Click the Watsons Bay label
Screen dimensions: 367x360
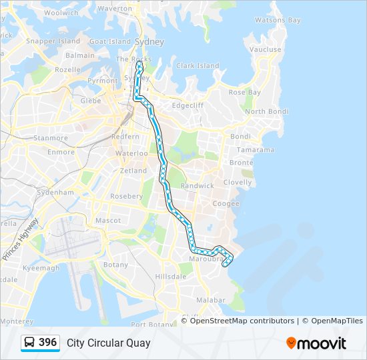point(277,21)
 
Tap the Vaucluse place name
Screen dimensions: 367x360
point(265,49)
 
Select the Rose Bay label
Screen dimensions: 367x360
point(245,93)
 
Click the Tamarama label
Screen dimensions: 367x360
point(255,150)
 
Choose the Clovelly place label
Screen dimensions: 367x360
point(238,182)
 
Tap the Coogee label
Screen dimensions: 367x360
point(226,204)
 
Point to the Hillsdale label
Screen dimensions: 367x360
point(171,276)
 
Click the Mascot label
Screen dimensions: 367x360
point(108,220)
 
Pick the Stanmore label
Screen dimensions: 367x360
point(51,138)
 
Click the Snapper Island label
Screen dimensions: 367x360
point(53,41)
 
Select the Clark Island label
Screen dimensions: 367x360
point(198,66)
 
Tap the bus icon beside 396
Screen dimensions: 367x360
point(30,343)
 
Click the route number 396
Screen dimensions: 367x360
point(47,343)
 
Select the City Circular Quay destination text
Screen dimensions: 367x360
point(108,343)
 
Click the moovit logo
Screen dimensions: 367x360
point(316,343)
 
